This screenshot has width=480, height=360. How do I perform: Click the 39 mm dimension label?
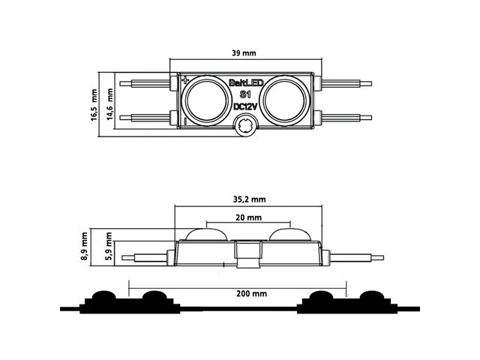[244, 53]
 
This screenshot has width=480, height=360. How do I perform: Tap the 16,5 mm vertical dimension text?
[94, 105]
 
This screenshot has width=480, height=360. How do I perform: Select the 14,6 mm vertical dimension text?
[110, 104]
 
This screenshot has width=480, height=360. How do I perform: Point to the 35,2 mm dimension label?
[250, 199]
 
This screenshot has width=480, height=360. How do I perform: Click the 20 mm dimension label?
[248, 217]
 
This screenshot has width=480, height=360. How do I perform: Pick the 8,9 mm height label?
[84, 246]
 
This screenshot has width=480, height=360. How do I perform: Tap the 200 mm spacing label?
[252, 294]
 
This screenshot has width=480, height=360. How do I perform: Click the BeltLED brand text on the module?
[246, 82]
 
